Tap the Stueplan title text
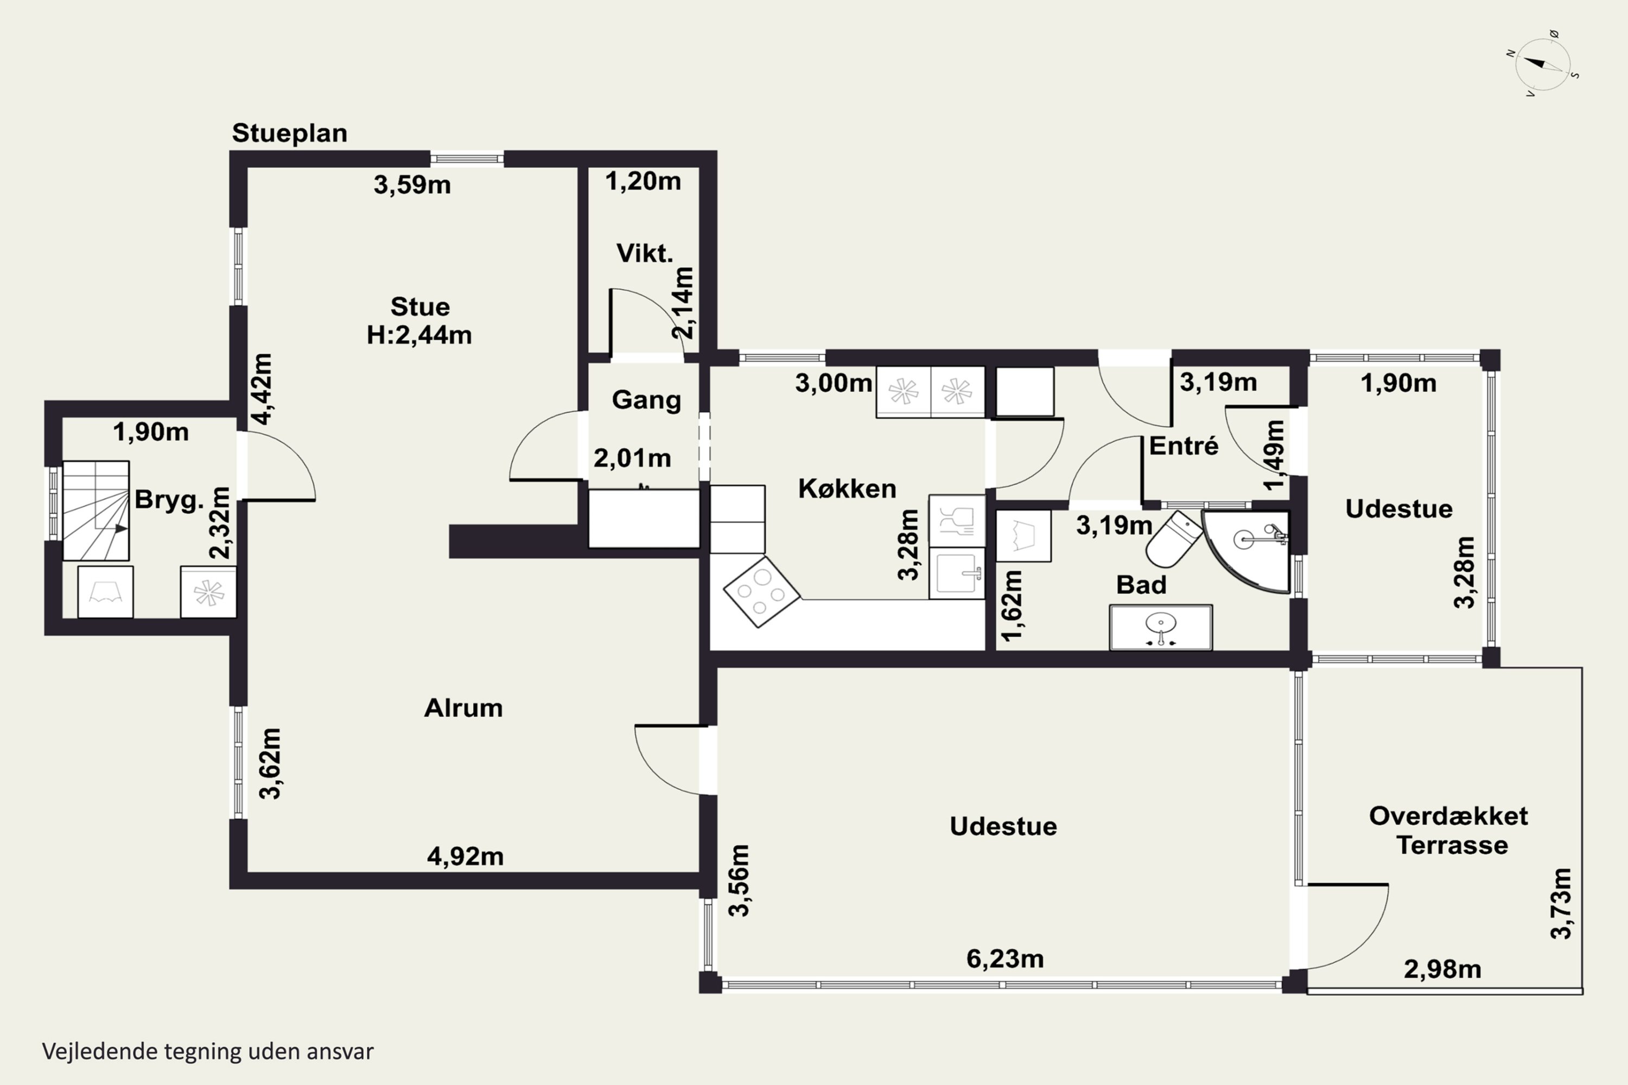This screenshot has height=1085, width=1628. point(289,133)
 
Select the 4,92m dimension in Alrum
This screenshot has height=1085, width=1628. point(465,857)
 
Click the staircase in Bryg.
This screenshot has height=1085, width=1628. point(96,510)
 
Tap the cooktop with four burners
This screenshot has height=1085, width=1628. point(761,592)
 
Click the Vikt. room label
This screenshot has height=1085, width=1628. point(645,254)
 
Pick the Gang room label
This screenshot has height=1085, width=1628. point(646,400)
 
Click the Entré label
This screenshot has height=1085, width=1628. point(1184,446)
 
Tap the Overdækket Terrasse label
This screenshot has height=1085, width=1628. point(1449,831)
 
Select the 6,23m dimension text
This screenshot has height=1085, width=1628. point(1005,959)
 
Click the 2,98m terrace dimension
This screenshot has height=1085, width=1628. point(1442,969)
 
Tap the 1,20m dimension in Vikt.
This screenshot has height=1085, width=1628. point(643,181)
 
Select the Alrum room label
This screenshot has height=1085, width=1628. point(463,708)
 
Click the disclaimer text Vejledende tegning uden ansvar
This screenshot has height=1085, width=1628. point(208,1051)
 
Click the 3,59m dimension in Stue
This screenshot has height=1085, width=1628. point(412,185)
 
